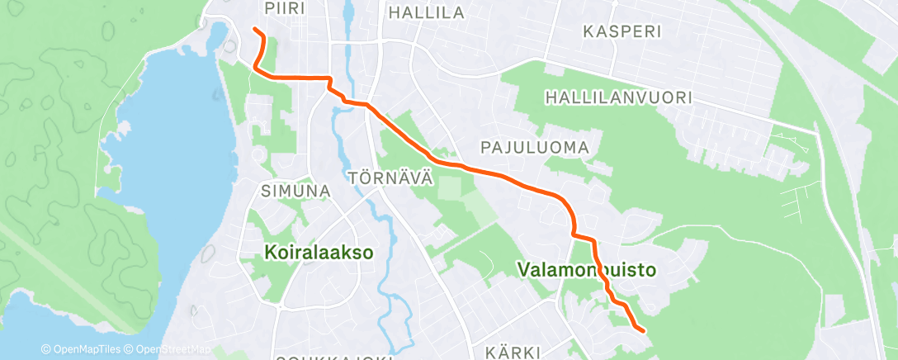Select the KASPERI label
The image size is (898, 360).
pos(623,31)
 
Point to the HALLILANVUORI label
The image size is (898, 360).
pos(618,97)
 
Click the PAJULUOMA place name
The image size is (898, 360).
pos(536,147)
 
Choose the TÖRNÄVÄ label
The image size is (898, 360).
pos(390,178)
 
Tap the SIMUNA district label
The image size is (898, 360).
pos(295,191)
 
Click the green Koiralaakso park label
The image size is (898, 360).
pos(319,253)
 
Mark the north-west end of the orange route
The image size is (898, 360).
pos(253,31)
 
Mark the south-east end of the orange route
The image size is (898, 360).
pos(642,330)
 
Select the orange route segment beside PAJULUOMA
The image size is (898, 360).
pos(503,175)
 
